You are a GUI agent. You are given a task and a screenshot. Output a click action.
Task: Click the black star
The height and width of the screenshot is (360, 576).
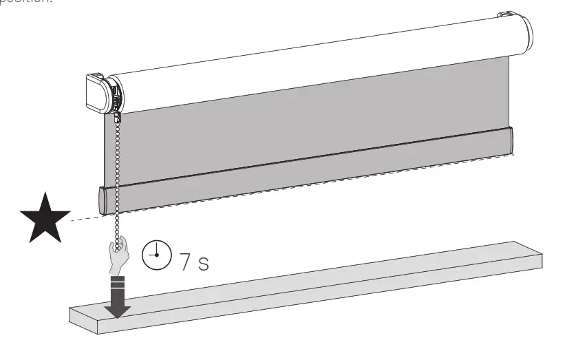44,218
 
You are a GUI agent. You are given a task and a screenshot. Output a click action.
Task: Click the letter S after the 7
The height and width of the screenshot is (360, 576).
203,264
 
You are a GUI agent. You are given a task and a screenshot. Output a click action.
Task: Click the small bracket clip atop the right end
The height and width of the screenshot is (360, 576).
506,14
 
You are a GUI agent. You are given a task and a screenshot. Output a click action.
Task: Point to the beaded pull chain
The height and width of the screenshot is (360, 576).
119,179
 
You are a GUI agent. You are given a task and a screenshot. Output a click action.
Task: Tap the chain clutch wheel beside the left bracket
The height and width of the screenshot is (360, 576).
116,96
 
